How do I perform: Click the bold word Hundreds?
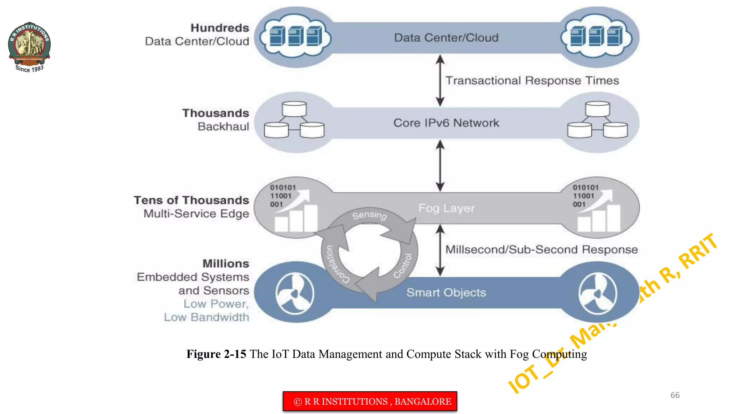pos(220,28)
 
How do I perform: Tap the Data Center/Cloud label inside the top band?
pos(446,38)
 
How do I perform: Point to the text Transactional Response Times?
pos(532,80)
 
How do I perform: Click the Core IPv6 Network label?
pos(446,123)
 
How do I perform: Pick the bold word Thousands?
pos(215,113)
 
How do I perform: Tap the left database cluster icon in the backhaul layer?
pos(294,120)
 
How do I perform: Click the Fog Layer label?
pos(446,208)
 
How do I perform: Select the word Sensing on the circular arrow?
pos(369,215)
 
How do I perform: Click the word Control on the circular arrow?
pos(403,266)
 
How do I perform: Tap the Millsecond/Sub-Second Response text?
pos(541,249)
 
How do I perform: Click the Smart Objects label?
pos(446,293)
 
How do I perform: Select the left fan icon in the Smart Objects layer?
pos(295,293)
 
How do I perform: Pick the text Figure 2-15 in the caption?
pos(216,354)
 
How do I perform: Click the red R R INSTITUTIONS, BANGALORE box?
pos(370,401)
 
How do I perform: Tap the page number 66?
pos(675,395)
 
